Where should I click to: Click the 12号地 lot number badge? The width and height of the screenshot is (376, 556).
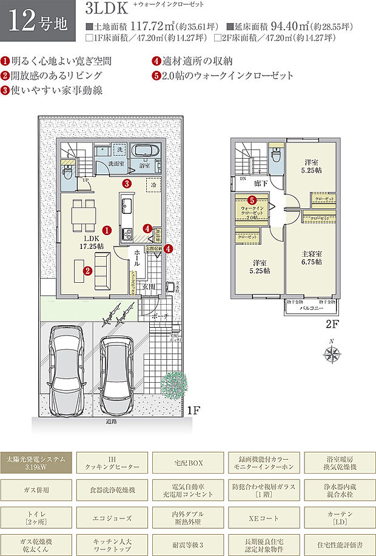pyautogui.click(x=38, y=24)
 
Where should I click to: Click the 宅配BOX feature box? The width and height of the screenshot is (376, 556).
pyautogui.click(x=188, y=463)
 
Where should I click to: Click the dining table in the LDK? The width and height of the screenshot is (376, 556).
pyautogui.click(x=83, y=214)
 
